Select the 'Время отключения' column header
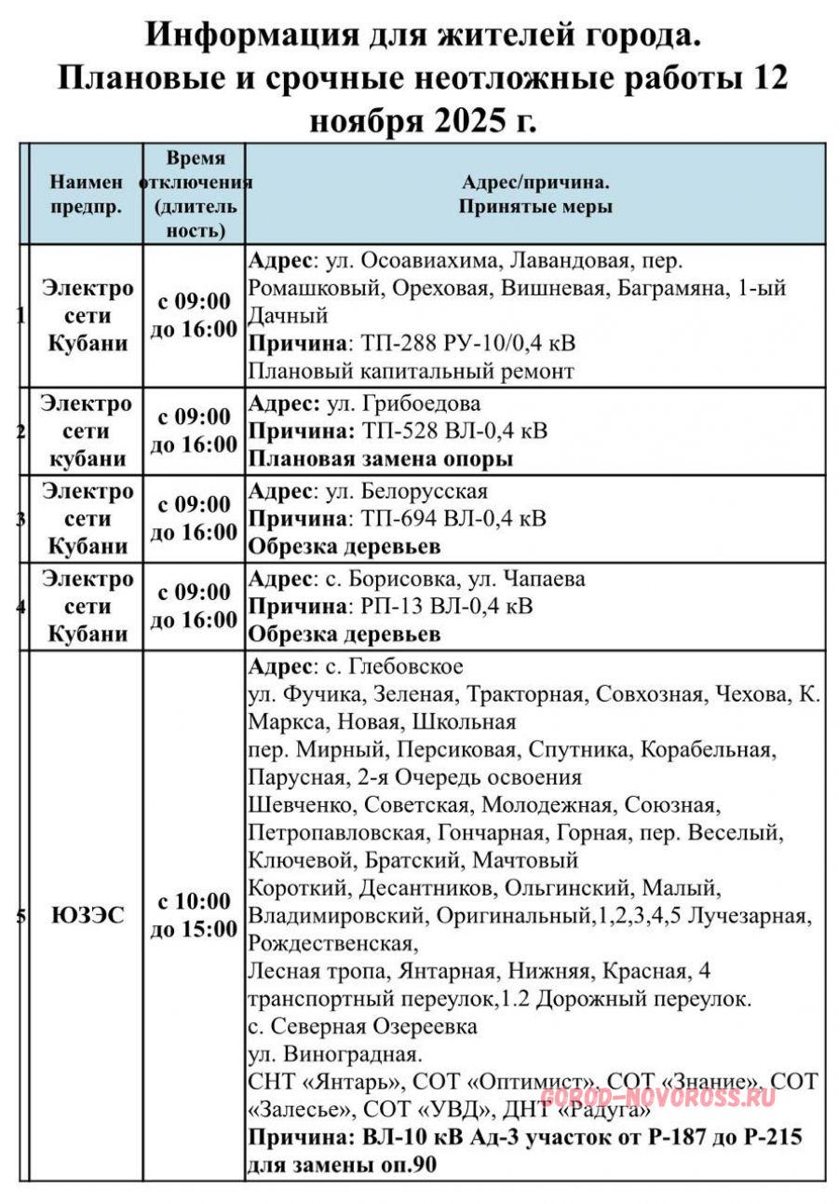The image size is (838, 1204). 196,194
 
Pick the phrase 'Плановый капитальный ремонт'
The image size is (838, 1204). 411,371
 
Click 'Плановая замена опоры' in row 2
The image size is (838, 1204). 380,459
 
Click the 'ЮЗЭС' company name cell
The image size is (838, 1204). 88,916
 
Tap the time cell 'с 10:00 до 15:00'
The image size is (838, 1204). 194,915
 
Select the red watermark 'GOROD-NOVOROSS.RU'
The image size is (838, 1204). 657,1097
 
